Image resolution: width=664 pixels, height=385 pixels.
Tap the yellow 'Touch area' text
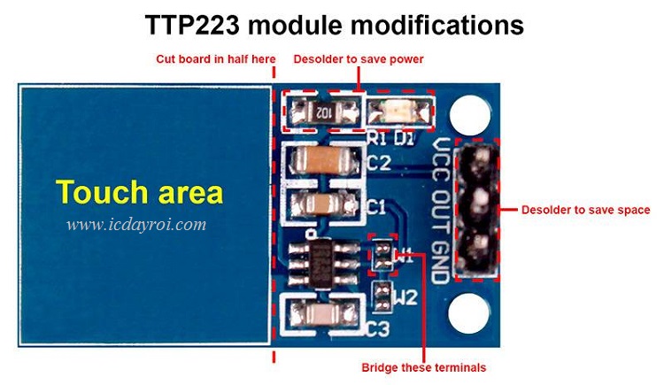tap(140, 192)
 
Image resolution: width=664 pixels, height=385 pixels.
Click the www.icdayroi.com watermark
tap(136, 224)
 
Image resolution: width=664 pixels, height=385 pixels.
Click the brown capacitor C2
tap(322, 161)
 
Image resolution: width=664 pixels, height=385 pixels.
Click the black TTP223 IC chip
tap(324, 258)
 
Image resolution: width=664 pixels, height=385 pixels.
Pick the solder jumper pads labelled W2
tap(382, 296)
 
